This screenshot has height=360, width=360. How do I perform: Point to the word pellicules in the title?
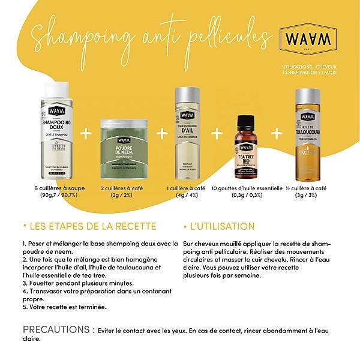tap(224, 36)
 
